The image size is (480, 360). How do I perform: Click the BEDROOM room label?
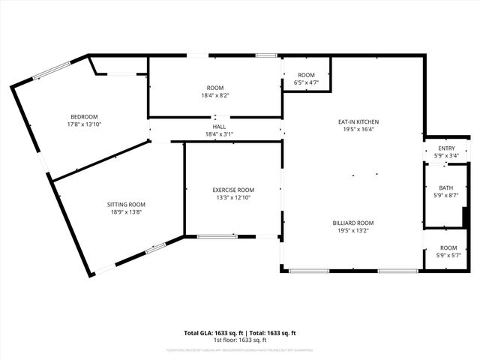click(85, 116)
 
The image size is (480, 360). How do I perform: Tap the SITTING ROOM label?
click(126, 204)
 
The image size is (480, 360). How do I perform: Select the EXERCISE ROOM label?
click(233, 190)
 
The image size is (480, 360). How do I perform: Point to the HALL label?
click(220, 127)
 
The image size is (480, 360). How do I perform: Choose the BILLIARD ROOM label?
click(353, 223)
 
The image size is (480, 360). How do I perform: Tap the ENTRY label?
click(446, 148)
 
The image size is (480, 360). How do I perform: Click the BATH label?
click(446, 187)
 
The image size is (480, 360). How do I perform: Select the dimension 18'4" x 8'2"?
click(215, 96)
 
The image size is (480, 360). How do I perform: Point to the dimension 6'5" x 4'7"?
click(306, 82)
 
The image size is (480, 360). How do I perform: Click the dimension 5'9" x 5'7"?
click(448, 256)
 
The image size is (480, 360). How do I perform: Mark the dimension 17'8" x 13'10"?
click(85, 124)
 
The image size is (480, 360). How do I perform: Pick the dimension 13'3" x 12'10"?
click(233, 198)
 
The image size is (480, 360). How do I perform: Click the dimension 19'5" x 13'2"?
click(353, 231)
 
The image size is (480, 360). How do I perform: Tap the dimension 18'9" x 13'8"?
click(126, 212)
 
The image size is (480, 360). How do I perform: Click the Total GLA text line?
click(240, 332)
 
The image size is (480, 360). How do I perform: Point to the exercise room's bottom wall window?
click(217, 236)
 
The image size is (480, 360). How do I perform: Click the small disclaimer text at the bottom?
click(240, 349)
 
